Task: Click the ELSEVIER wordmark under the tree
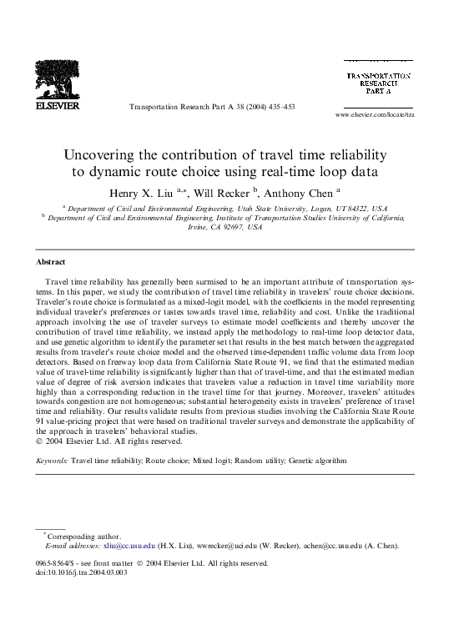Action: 57,106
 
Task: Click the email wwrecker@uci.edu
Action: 221,545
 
